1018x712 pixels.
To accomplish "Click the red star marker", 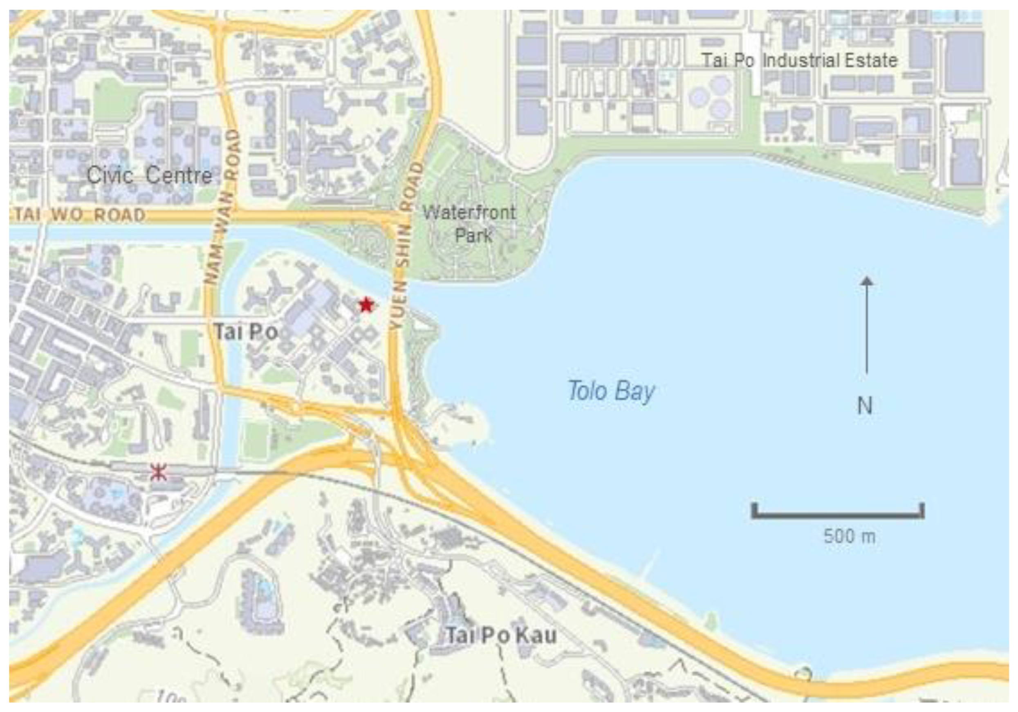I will [366, 305].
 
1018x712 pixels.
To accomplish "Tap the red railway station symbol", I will [158, 472].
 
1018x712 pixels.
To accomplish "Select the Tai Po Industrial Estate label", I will [800, 60].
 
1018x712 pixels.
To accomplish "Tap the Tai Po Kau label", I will [501, 635].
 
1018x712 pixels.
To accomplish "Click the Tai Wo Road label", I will [80, 215].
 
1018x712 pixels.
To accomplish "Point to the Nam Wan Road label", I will [222, 206].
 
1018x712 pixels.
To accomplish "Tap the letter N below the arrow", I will [865, 405].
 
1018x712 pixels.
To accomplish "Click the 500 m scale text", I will [850, 536].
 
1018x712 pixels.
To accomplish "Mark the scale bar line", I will [838, 515].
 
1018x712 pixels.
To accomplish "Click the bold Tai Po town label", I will [247, 332].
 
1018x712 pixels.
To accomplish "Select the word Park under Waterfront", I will [473, 235].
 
